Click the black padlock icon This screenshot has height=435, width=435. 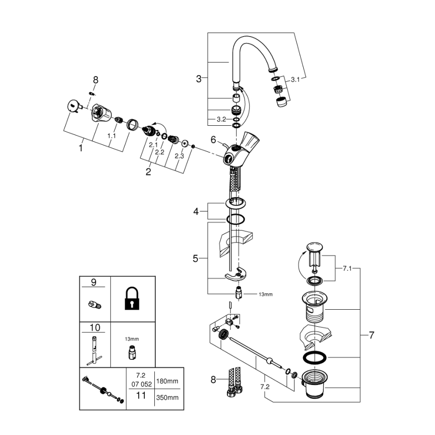point(132,299)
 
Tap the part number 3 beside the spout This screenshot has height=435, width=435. point(199,79)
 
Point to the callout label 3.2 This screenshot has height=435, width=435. point(221,119)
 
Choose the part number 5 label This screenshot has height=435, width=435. point(196,259)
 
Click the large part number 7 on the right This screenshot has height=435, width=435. point(371,335)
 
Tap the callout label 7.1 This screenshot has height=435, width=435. point(348,269)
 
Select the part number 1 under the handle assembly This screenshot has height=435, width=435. point(80,148)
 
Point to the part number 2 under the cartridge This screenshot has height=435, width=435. point(148,172)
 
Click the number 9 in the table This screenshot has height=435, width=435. point(93,283)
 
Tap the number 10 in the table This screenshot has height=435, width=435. point(95,328)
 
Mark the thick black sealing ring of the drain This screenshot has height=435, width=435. point(315,358)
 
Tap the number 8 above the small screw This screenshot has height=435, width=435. point(96,79)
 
